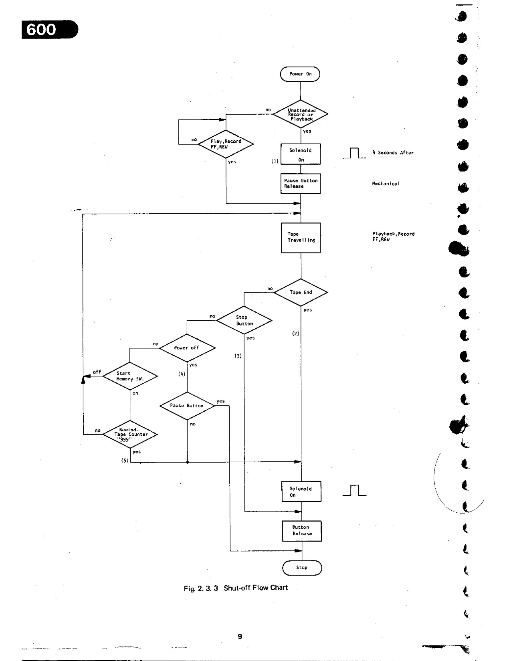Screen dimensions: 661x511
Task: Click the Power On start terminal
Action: [x=300, y=74]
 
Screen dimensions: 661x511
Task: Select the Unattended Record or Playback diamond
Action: [x=301, y=114]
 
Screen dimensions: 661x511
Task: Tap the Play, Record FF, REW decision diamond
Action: [x=226, y=144]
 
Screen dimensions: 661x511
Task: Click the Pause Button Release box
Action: [x=301, y=184]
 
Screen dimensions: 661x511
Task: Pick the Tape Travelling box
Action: [x=301, y=238]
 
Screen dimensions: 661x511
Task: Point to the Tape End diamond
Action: [x=301, y=292]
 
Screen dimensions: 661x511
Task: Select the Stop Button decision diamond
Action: [x=244, y=320]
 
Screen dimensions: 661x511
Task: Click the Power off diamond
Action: [x=187, y=348]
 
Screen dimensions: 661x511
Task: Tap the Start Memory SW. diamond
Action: [x=130, y=376]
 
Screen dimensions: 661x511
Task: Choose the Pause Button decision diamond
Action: [x=187, y=406]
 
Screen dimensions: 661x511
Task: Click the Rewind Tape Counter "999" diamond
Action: [x=130, y=434]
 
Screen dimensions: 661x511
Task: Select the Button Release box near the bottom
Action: [x=301, y=531]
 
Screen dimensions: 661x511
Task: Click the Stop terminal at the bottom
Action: [x=302, y=568]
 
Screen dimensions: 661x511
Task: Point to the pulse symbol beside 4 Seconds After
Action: [x=354, y=154]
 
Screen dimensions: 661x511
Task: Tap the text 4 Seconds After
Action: [x=393, y=153]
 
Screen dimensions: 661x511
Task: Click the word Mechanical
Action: [x=386, y=184]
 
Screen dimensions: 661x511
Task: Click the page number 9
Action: [x=240, y=636]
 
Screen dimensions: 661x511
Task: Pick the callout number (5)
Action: [x=125, y=461]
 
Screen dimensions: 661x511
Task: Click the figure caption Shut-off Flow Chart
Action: [x=256, y=588]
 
